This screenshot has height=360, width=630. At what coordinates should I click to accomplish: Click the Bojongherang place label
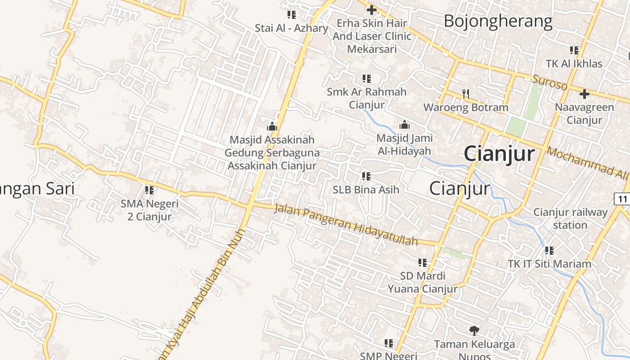[x=498, y=21]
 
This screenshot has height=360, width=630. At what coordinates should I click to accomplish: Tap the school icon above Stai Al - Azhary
[x=292, y=15]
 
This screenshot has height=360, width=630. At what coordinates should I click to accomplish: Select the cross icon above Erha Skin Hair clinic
[x=372, y=9]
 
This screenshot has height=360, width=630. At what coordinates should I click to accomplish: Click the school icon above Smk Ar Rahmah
[x=367, y=79]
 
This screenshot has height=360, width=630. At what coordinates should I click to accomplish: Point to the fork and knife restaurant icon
[x=466, y=94]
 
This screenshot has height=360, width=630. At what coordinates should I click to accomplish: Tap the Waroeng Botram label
[x=466, y=108]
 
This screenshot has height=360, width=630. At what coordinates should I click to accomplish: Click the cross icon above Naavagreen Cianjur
[x=584, y=94]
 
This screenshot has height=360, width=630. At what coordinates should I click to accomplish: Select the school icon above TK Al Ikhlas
[x=574, y=50]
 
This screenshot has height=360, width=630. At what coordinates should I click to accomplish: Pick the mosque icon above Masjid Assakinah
[x=272, y=126]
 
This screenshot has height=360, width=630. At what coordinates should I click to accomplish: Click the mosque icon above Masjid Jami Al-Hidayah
[x=404, y=125]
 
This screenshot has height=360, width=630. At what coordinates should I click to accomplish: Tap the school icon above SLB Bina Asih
[x=366, y=176]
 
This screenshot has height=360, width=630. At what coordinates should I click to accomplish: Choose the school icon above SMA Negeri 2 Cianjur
[x=149, y=190]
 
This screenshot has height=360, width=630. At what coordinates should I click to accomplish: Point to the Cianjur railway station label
[x=570, y=218]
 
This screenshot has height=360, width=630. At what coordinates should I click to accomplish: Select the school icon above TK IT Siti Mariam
[x=549, y=250]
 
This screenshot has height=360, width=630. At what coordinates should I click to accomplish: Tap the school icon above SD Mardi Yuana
[x=422, y=262]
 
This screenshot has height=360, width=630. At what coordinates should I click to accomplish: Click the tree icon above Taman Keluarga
[x=474, y=331]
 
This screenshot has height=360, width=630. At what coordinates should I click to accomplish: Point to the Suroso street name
[x=549, y=83]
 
